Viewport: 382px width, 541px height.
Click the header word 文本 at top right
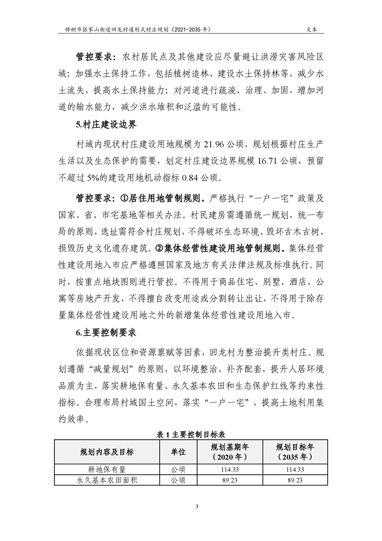(x=312, y=29)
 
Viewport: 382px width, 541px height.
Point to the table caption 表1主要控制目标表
(x=191, y=434)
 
